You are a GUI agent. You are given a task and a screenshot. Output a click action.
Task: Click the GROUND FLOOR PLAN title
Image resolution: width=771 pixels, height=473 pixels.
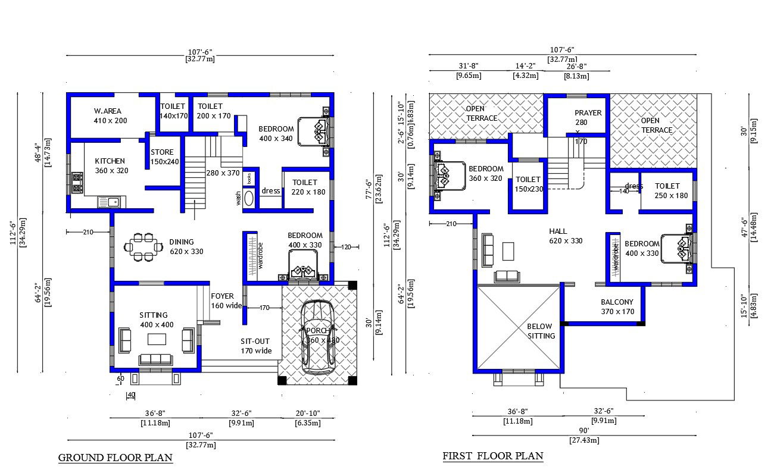click(x=115, y=458)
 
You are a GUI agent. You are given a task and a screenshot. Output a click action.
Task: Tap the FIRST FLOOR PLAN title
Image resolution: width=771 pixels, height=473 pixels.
click(x=492, y=456)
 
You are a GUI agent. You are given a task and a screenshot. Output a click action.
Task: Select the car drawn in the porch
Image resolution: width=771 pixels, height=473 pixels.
click(x=318, y=337)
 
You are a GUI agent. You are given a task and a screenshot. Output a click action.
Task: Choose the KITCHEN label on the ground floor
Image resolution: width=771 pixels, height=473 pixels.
click(x=110, y=161)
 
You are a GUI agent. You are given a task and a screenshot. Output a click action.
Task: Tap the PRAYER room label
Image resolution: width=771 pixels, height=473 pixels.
click(x=588, y=113)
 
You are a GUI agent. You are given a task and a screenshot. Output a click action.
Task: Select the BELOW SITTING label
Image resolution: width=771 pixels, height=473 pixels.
click(x=540, y=331)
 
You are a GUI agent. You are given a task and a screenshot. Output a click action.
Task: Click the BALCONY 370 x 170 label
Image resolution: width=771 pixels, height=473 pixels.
click(x=617, y=306)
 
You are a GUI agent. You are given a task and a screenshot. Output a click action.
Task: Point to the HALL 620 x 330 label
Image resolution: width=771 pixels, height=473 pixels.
click(x=565, y=236)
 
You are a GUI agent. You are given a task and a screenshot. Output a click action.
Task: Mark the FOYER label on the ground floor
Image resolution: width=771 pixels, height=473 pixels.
click(x=222, y=296)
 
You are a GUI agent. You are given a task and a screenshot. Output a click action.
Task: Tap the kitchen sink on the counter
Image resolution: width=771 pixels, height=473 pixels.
click(x=108, y=203)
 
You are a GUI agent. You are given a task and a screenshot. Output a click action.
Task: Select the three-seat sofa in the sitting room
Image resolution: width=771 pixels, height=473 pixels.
click(x=156, y=359)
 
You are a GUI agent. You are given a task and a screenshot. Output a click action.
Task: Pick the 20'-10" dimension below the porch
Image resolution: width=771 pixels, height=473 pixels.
click(x=307, y=414)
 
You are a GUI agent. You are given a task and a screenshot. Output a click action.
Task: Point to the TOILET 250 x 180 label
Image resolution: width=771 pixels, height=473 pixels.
click(x=667, y=190)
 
